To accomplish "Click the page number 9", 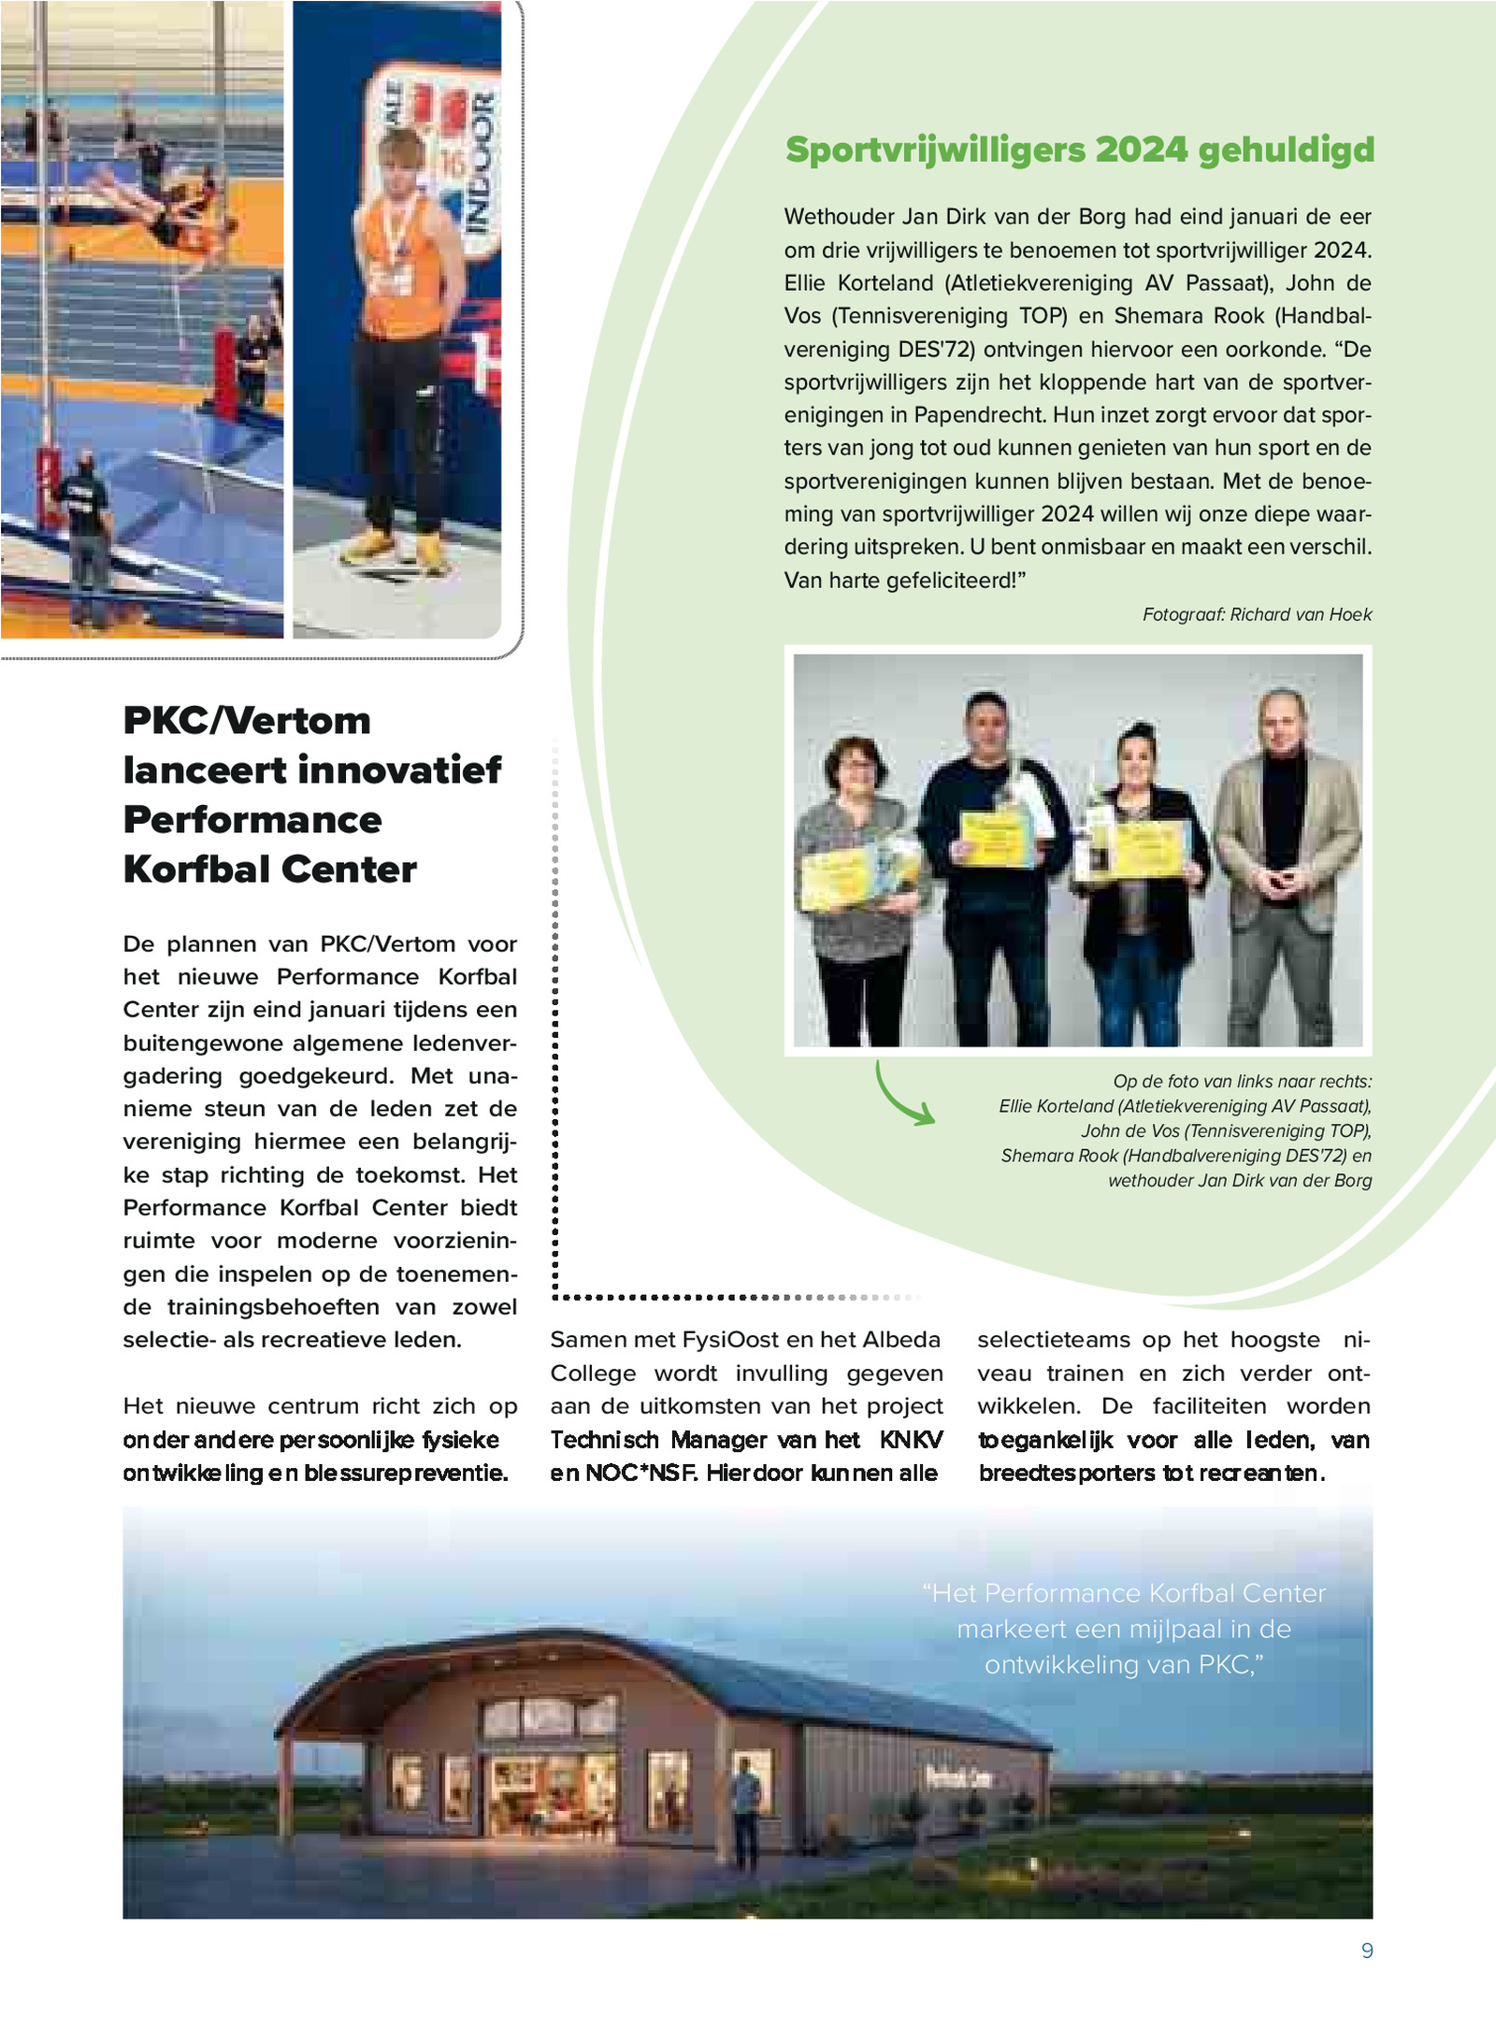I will click(x=1367, y=1950).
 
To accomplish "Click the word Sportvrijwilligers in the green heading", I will click(x=935, y=151).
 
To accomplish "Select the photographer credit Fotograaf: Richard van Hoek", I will click(x=1257, y=614).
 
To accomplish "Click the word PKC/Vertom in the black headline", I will click(x=247, y=721).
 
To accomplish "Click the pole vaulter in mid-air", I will click(x=168, y=210).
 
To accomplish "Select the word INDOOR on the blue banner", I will click(x=479, y=164).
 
